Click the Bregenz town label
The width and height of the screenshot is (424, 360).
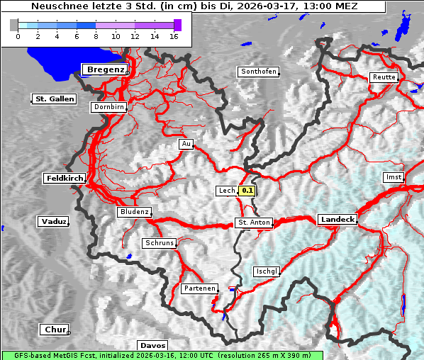106,69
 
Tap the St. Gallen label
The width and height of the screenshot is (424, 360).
54,99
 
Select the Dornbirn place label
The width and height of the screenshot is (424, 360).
109,107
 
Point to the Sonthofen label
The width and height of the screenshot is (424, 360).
258,72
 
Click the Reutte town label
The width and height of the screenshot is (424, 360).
383,77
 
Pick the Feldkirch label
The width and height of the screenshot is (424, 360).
65,178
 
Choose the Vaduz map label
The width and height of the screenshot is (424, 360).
54,222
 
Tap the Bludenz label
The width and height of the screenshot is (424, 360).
134,212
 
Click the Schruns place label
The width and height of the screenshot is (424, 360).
159,243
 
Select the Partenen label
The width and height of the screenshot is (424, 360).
199,288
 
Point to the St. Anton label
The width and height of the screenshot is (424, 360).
253,223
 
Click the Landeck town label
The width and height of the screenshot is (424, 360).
337,220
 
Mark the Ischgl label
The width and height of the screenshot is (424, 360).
267,271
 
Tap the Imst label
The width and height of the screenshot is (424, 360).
393,176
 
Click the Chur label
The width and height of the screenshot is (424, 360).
55,330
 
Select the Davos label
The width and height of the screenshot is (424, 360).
152,345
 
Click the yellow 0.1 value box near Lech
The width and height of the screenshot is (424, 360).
247,191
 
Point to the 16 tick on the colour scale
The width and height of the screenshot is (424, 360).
174,35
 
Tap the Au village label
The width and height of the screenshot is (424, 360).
186,144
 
